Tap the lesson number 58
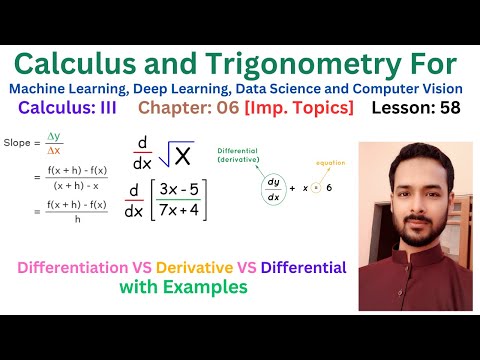(446, 108)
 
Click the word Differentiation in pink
(83, 267)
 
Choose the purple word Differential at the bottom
(297, 267)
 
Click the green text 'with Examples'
(182, 287)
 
